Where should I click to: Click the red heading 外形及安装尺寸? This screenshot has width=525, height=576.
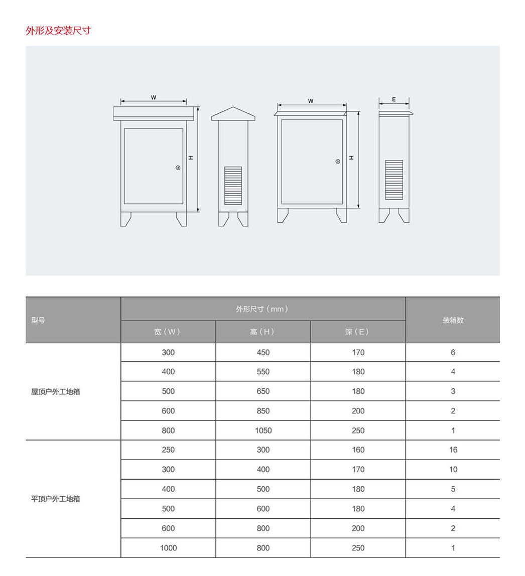(x=58, y=31)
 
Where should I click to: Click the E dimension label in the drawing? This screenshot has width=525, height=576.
(x=394, y=99)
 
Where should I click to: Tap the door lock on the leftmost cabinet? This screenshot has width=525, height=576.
(x=178, y=168)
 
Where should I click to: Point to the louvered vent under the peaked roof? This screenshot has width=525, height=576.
(x=233, y=186)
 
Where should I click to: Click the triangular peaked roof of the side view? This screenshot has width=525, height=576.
(x=233, y=114)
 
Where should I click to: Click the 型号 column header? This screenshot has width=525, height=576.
(x=38, y=320)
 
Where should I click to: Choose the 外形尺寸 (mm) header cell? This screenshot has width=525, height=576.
(x=262, y=309)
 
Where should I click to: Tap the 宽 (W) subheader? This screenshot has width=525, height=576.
(x=168, y=332)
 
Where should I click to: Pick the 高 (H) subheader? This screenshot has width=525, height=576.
(x=262, y=332)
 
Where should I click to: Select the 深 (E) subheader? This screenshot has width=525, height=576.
(x=357, y=332)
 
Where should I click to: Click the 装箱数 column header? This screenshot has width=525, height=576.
(x=453, y=320)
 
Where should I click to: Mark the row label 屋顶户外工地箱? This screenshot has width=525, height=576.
(x=56, y=392)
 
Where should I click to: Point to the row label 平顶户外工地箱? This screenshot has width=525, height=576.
(x=56, y=499)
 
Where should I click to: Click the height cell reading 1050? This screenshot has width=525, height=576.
(x=263, y=430)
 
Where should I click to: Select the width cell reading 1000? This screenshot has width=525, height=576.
(x=168, y=548)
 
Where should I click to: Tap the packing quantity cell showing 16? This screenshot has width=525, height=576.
(x=453, y=450)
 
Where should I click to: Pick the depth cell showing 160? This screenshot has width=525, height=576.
(x=358, y=450)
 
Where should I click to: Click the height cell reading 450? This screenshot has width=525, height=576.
(x=263, y=353)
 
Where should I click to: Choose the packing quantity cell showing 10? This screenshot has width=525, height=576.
(x=453, y=470)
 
